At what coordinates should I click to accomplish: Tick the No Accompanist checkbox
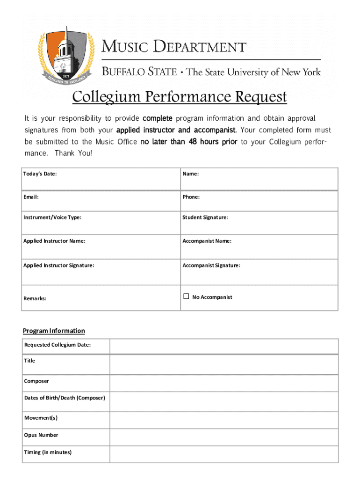pyautogui.click(x=186, y=296)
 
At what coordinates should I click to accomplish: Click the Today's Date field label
pyautogui.click(x=40, y=174)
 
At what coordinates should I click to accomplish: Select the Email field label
pyautogui.click(x=31, y=197)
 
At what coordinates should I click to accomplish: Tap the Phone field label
pyautogui.click(x=191, y=197)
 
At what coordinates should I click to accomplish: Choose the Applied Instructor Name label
pyautogui.click(x=54, y=241)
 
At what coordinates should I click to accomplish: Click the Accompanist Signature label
pyautogui.click(x=211, y=265)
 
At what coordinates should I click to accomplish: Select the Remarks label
pyautogui.click(x=35, y=298)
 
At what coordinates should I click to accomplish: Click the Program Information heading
pyautogui.click(x=54, y=331)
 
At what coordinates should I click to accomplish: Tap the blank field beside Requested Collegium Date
pyautogui.click(x=224, y=347)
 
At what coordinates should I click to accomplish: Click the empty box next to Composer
pyautogui.click(x=224, y=383)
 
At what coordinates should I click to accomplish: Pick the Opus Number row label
pyautogui.click(x=41, y=435)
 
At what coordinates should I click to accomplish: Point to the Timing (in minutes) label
pyautogui.click(x=48, y=452)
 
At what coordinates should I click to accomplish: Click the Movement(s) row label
pyautogui.click(x=41, y=418)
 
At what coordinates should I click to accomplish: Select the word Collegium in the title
pyautogui.click(x=105, y=97)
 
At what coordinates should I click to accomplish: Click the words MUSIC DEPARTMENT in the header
pyautogui.click(x=174, y=47)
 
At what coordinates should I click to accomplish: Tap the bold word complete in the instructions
pyautogui.click(x=158, y=118)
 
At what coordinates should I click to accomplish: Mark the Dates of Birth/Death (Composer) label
pyautogui.click(x=65, y=398)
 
